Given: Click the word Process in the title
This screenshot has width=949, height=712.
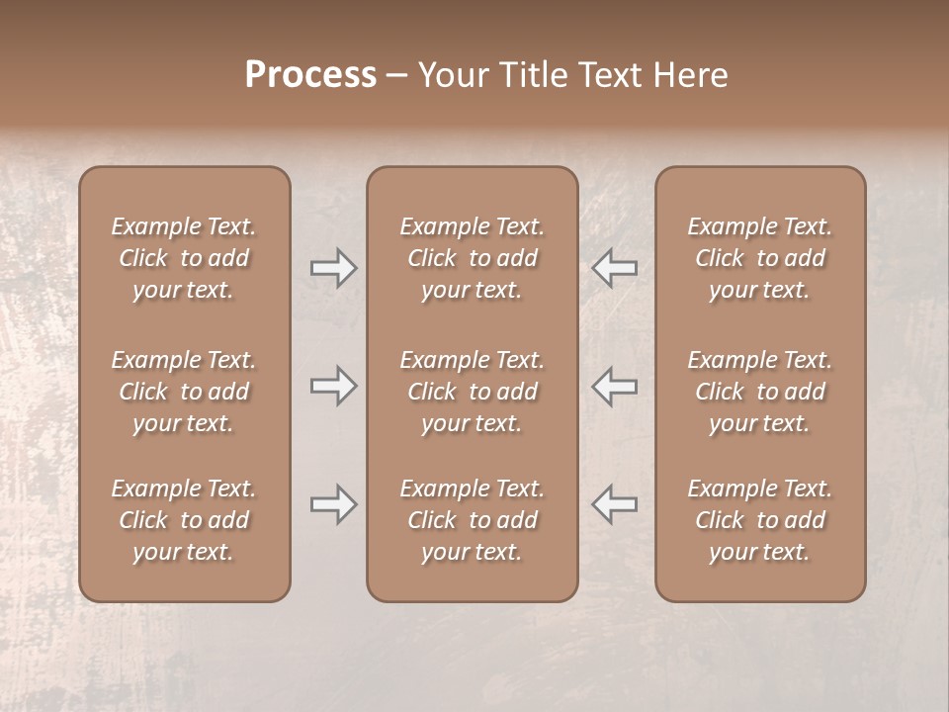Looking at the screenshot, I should click(310, 75).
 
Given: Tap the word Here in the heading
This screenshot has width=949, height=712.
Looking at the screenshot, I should click(690, 75).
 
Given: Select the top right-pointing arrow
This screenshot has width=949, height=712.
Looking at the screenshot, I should click(334, 267).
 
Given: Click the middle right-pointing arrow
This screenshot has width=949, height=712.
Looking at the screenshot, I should click(334, 386).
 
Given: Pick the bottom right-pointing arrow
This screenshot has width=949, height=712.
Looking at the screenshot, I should click(334, 504).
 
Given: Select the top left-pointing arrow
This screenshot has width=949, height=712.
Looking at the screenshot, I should click(614, 267).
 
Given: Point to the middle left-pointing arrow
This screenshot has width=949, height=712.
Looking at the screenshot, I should click(614, 386).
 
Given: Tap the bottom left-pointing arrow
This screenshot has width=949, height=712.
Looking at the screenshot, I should click(614, 504).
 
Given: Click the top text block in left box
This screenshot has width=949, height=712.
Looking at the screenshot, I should click(184, 258).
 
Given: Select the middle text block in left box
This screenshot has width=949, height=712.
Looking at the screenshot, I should click(184, 392).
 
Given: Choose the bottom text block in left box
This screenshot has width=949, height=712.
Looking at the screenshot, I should click(184, 520).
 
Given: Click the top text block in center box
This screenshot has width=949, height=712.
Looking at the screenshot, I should click(472, 258).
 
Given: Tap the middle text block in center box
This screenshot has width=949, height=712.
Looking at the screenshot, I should click(472, 392).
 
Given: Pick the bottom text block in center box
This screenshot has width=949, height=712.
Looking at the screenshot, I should click(472, 520).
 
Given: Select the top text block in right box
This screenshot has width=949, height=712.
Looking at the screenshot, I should click(759, 258).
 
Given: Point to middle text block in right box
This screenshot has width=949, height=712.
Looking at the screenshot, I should click(759, 392).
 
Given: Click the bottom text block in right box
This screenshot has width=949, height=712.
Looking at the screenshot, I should click(759, 520).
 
